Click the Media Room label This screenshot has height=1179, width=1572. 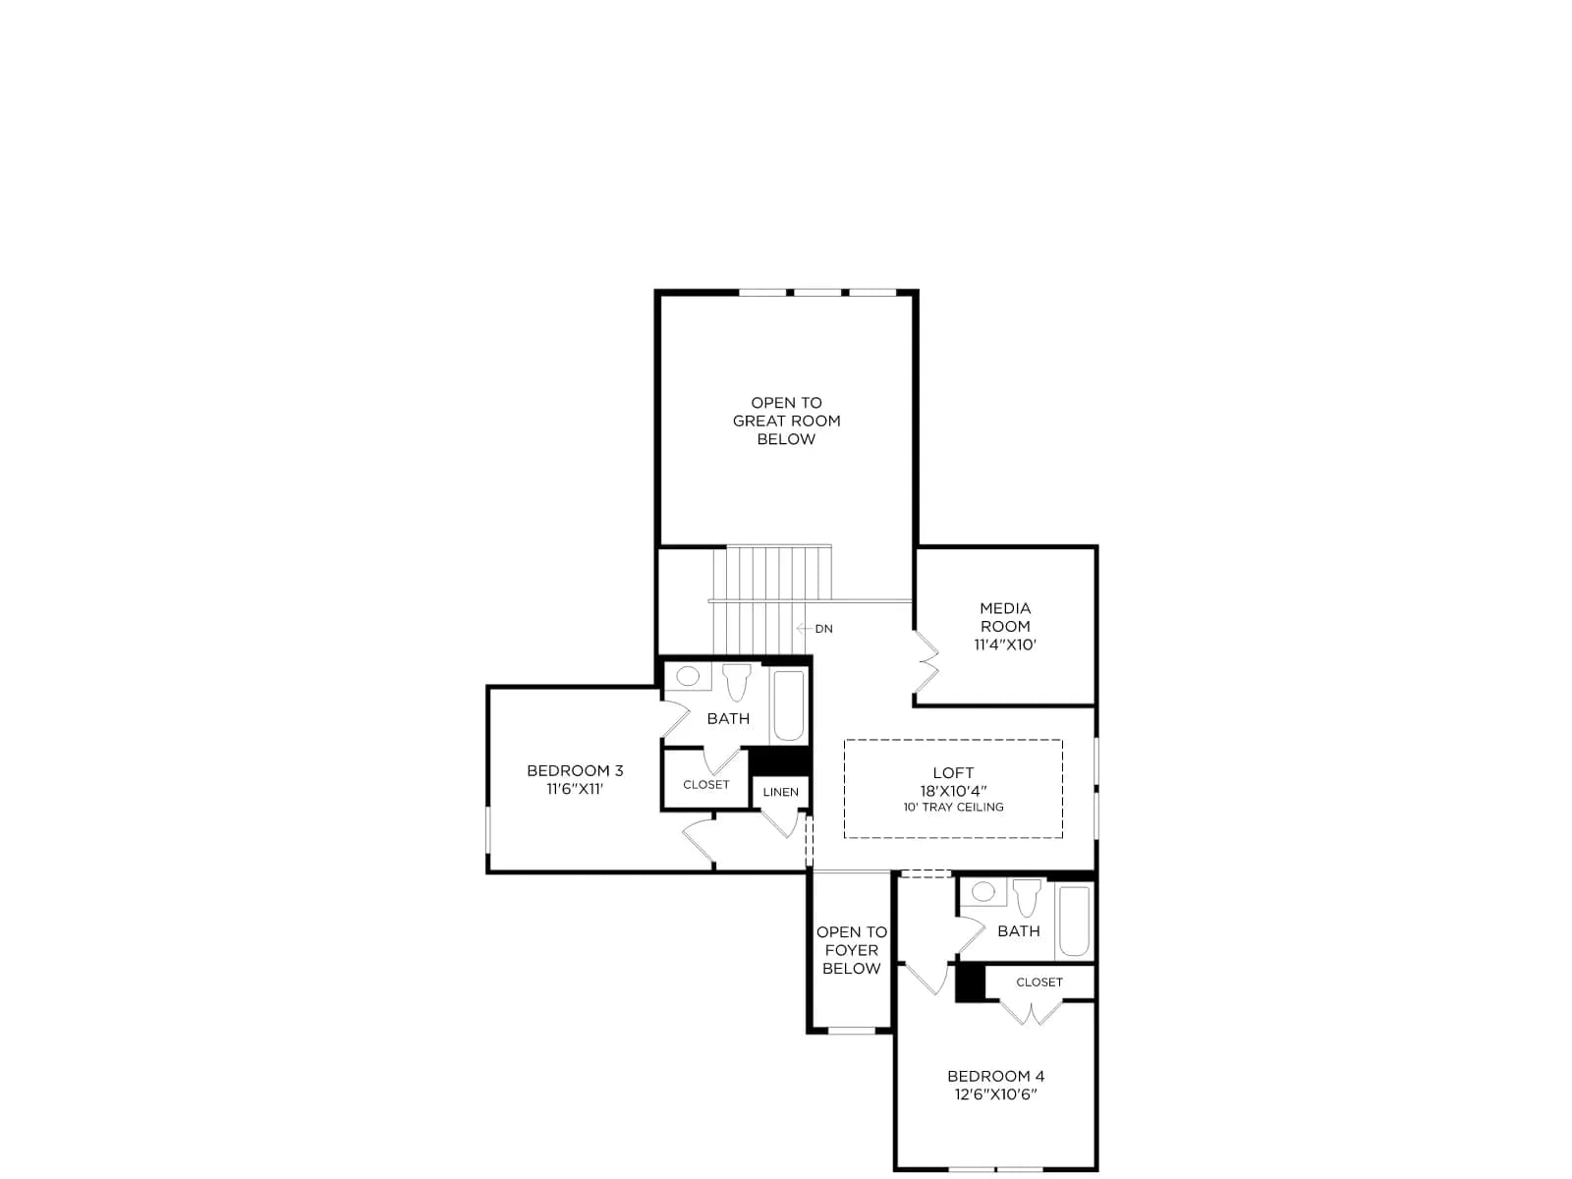pos(1004,616)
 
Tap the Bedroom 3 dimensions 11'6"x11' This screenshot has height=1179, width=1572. pos(575,789)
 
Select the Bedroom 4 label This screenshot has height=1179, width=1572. pos(994,1076)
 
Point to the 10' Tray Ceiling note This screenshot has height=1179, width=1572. pos(952,807)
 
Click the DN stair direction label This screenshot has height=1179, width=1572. pos(823,629)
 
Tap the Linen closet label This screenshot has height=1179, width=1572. pos(780,792)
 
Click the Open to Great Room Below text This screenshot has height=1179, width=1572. pos(786,421)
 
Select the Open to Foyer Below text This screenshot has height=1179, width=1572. pos(851,950)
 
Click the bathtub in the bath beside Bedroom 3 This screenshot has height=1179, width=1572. pos(788,705)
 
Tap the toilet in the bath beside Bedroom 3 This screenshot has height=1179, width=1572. pos(736,682)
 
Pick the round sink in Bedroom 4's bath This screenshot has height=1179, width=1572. pos(982,891)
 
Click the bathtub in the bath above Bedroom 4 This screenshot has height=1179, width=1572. pos(1074,921)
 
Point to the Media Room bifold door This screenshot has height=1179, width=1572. pos(926,660)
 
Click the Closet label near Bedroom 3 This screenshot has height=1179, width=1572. pos(705,785)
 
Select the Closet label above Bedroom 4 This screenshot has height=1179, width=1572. pos(1039,982)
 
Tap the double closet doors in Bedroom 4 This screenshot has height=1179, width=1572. pos(1031,1012)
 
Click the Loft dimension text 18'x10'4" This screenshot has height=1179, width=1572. pos(952,791)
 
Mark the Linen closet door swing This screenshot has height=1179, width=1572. pos(781,822)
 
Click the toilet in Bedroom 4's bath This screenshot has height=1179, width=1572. pos(1027,898)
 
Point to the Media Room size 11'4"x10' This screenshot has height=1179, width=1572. pos(1004,645)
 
